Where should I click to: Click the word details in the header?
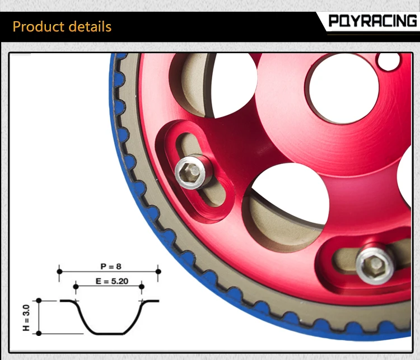pyautogui.click(x=90, y=27)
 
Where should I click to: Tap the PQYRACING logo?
pyautogui.click(x=372, y=21)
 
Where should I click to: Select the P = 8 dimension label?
pyautogui.click(x=111, y=267)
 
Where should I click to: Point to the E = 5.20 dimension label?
pyautogui.click(x=112, y=281)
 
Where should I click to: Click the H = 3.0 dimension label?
pyautogui.click(x=26, y=317)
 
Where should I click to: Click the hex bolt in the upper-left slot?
pyautogui.click(x=191, y=172)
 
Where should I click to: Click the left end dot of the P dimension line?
pyautogui.click(x=59, y=272)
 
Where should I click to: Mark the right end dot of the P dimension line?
pyautogui.click(x=158, y=272)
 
